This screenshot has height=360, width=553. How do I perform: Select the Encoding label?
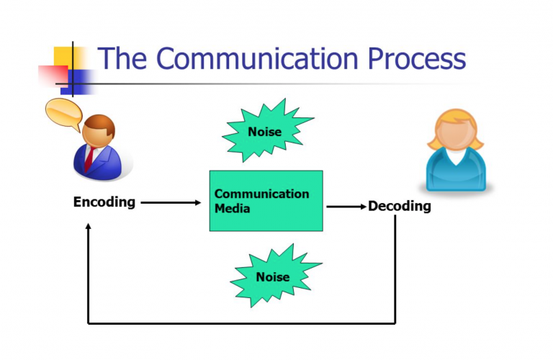(x=104, y=202)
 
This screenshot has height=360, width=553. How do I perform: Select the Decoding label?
(x=400, y=207)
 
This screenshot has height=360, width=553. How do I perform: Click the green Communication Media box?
(x=266, y=201)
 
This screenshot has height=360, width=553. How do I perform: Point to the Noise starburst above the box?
(x=265, y=131)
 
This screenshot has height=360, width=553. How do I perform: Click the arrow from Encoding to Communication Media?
(x=171, y=203)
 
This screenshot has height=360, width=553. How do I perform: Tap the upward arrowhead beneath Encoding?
(x=88, y=228)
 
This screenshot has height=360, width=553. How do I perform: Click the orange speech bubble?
(x=65, y=112)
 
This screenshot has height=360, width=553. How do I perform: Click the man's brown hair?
(x=96, y=124)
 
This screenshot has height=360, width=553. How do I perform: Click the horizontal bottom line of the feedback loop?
(x=241, y=323)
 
